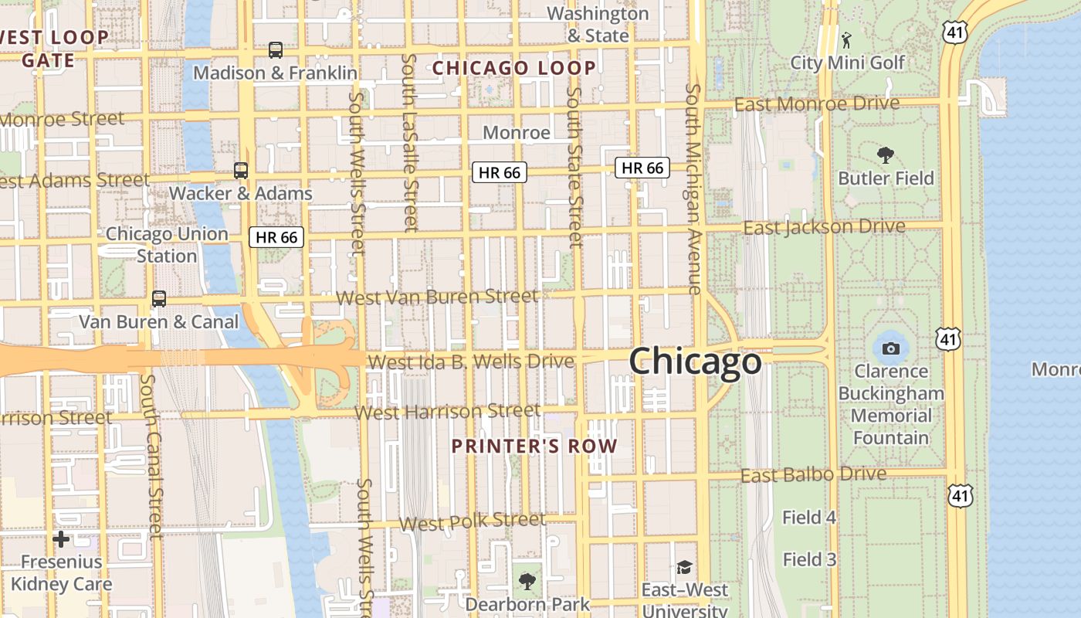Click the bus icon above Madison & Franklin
click(x=276, y=50)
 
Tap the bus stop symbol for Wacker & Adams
click(x=241, y=171)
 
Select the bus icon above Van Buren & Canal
click(x=159, y=299)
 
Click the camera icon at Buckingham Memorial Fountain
click(x=890, y=348)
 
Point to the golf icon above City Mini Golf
click(x=847, y=39)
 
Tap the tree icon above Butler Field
click(x=886, y=155)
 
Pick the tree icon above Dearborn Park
click(x=527, y=581)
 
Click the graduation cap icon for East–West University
click(x=684, y=568)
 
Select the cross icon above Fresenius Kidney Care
click(x=61, y=539)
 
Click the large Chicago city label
click(x=695, y=362)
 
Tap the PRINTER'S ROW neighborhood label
click(x=534, y=446)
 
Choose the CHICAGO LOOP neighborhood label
click(x=514, y=68)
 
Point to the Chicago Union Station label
click(x=167, y=244)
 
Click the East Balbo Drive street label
click(x=813, y=474)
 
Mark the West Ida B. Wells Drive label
click(x=471, y=362)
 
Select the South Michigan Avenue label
click(x=693, y=188)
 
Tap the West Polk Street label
click(x=473, y=521)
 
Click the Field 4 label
click(x=809, y=518)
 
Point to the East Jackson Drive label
click(x=824, y=227)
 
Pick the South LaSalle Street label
click(x=409, y=143)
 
